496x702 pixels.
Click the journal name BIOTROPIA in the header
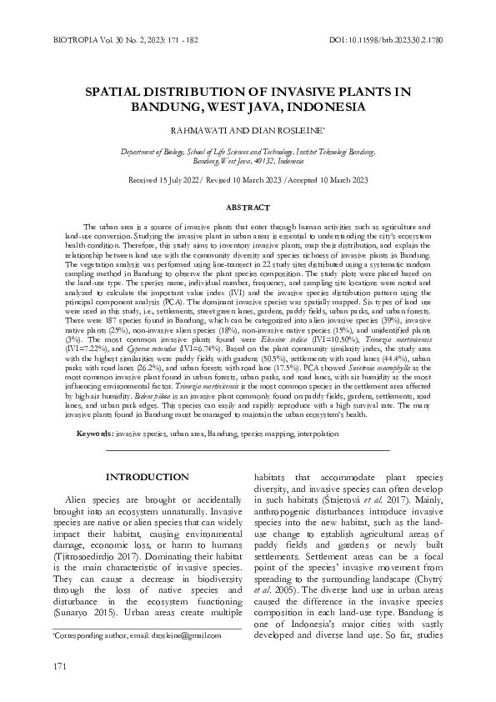pyautogui.click(x=54, y=38)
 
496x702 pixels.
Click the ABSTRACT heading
pyautogui.click(x=248, y=205)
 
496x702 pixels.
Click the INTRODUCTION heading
pyautogui.click(x=139, y=476)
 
